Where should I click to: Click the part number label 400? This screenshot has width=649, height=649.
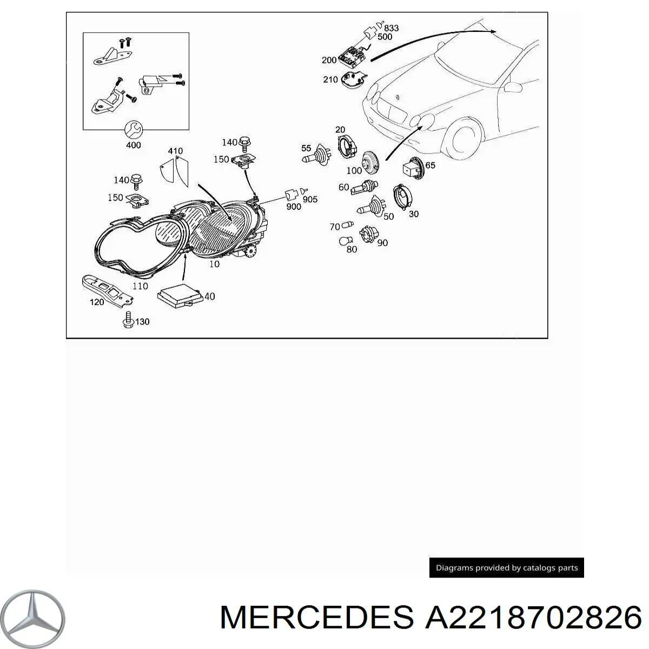click(133, 145)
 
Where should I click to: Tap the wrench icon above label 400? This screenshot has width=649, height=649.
click(133, 130)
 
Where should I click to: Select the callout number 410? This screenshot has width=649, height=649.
click(175, 151)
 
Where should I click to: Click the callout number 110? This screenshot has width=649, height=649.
click(140, 286)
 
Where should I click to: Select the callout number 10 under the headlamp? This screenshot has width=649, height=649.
click(215, 264)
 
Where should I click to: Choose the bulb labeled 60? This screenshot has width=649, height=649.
click(363, 188)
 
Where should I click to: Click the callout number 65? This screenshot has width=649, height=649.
click(430, 165)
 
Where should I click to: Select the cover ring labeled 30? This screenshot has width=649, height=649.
click(401, 196)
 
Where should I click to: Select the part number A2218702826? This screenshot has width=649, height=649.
click(533, 617)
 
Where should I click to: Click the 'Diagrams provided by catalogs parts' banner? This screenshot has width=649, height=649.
click(507, 568)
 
